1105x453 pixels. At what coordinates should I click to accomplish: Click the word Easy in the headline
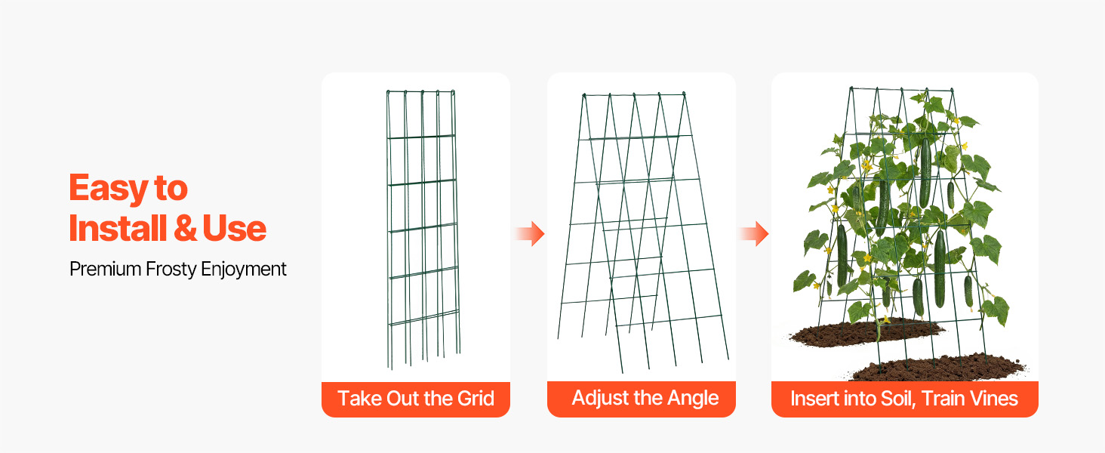(x=107, y=189)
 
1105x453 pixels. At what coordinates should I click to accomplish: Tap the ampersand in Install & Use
(x=185, y=228)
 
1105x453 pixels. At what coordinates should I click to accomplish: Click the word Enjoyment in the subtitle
(x=243, y=270)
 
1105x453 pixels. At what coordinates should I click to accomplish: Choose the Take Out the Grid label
(x=416, y=398)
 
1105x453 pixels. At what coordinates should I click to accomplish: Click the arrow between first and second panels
(x=529, y=233)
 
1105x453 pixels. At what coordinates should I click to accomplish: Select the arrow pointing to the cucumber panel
(x=754, y=233)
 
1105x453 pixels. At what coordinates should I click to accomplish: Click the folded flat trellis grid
(x=423, y=230)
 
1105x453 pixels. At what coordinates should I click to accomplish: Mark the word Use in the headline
(x=234, y=228)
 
